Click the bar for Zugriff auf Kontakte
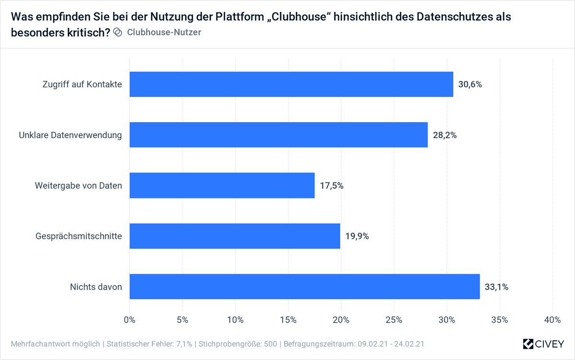tap(291, 84)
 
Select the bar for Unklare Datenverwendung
tap(278, 135)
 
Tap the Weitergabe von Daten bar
tap(222, 185)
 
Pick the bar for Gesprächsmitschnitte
tap(235, 236)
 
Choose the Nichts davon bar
tap(305, 287)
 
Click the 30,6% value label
tap(470, 85)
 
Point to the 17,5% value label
tap(332, 186)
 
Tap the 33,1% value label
tap(496, 287)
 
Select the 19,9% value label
tap(357, 236)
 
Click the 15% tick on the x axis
tap(288, 320)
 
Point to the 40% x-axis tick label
tap(552, 320)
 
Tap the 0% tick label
tap(130, 320)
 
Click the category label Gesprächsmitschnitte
tap(79, 236)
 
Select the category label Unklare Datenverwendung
tap(70, 135)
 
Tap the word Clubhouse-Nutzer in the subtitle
tap(164, 33)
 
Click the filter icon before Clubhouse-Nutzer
tap(118, 33)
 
